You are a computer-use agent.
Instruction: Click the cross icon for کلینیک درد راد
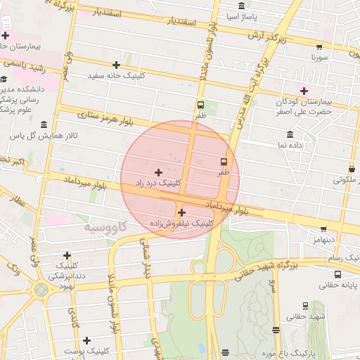[157, 172]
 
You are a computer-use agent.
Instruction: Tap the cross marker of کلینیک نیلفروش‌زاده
[181, 212]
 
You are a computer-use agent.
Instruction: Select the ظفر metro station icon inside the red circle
[224, 160]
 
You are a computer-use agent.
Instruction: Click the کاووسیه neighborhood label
[105, 227]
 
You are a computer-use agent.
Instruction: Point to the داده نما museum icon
[290, 134]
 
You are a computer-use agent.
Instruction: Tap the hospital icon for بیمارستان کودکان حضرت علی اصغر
[304, 91]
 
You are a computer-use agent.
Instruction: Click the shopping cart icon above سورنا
[319, 47]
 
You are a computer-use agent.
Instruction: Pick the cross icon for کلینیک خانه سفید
[116, 65]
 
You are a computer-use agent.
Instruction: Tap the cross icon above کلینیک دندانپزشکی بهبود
[67, 255]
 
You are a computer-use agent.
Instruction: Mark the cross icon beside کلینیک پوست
[86, 340]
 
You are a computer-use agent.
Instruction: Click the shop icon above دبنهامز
[323, 229]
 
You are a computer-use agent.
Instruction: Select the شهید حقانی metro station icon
[304, 306]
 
